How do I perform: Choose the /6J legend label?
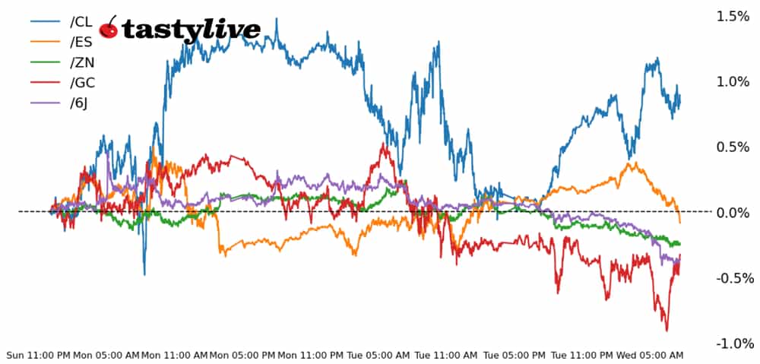click(x=77, y=103)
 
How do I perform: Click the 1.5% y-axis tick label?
click(x=733, y=16)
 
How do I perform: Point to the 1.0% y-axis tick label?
click(x=733, y=81)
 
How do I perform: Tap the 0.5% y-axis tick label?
click(x=733, y=147)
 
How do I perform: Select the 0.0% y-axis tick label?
click(x=733, y=212)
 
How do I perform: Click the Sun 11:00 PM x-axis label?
click(x=38, y=356)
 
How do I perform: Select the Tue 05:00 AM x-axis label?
click(x=378, y=356)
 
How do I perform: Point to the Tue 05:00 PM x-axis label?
click(x=514, y=356)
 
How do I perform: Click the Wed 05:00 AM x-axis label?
click(x=649, y=356)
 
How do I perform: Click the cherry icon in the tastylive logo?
click(x=109, y=28)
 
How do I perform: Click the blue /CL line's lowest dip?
click(x=144, y=274)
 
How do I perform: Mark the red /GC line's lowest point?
click(x=667, y=331)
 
